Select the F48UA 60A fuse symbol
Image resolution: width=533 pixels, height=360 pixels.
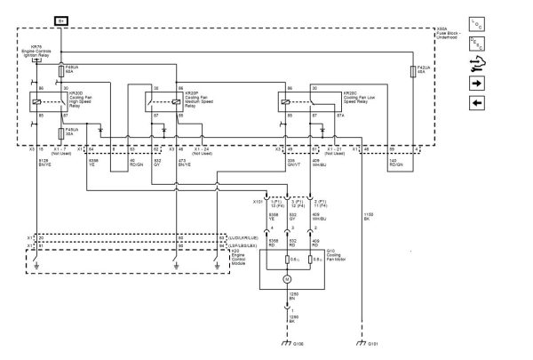[x=60, y=68]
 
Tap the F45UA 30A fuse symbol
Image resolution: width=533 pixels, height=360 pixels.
[x=60, y=134]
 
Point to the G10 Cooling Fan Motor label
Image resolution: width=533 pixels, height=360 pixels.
[x=338, y=256]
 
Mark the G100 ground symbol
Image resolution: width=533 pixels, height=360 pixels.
[x=286, y=340]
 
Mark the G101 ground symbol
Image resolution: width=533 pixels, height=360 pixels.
[x=360, y=340]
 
